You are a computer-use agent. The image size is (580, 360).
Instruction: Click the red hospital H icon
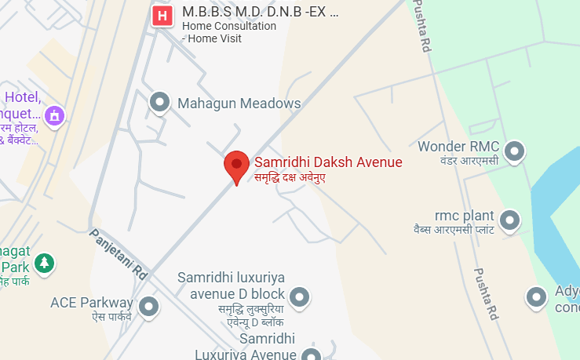point(162,15)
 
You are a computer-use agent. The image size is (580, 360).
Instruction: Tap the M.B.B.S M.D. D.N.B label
point(259,13)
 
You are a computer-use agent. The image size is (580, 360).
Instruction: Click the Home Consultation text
point(229,26)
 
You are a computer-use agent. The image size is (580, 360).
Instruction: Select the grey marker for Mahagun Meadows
point(160,102)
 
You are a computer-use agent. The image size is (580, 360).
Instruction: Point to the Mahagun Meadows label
point(239,103)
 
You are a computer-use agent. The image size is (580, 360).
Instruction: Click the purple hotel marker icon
point(55,116)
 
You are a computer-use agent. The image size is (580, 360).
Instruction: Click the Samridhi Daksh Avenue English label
point(328,162)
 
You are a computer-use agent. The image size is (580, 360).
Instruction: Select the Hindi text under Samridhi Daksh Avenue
point(290,178)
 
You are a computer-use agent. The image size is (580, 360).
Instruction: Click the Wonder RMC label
point(459,147)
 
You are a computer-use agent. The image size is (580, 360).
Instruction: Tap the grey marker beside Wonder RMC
point(514,149)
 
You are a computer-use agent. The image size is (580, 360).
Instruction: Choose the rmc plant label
point(464,216)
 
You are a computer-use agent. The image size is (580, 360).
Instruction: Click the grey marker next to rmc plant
point(510,218)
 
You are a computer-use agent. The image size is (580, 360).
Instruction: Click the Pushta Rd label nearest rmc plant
point(486,293)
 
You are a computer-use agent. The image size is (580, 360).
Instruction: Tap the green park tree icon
point(46,263)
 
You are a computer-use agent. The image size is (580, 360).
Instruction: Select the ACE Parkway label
point(91,302)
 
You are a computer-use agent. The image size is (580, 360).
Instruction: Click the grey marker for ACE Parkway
point(148,305)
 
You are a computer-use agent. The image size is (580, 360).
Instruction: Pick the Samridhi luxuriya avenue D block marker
point(299,296)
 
